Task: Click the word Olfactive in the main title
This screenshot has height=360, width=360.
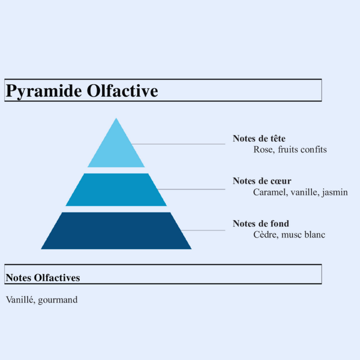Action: [x=122, y=91]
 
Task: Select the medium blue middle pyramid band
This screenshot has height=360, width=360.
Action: [x=116, y=190]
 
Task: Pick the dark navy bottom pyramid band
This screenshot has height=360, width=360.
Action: [x=116, y=230]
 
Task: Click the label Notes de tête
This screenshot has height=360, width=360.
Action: [x=259, y=139]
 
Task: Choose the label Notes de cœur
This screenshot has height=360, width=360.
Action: [x=262, y=181]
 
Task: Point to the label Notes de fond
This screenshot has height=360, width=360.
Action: [x=261, y=224]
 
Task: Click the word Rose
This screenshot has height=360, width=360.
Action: [x=263, y=149]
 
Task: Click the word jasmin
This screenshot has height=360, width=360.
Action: [x=335, y=192]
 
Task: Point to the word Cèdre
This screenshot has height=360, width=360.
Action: [x=265, y=235]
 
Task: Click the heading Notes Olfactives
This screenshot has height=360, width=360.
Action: [x=43, y=278]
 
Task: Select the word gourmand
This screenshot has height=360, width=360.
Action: [x=58, y=299]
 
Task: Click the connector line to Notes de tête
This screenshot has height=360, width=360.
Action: [x=180, y=144]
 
